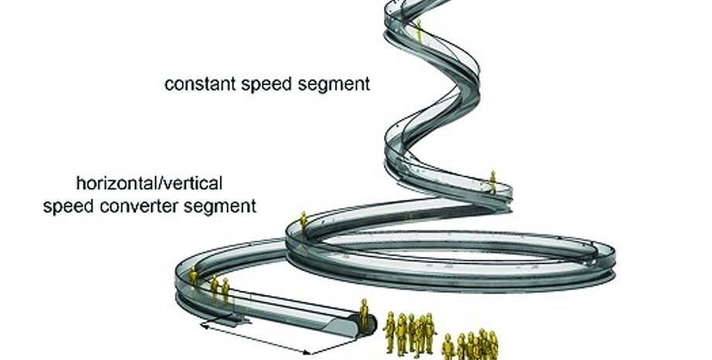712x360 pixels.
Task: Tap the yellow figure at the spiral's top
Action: tap(419, 29)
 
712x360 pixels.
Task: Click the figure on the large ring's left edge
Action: tap(304, 222)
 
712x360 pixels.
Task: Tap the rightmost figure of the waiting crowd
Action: tap(492, 345)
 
